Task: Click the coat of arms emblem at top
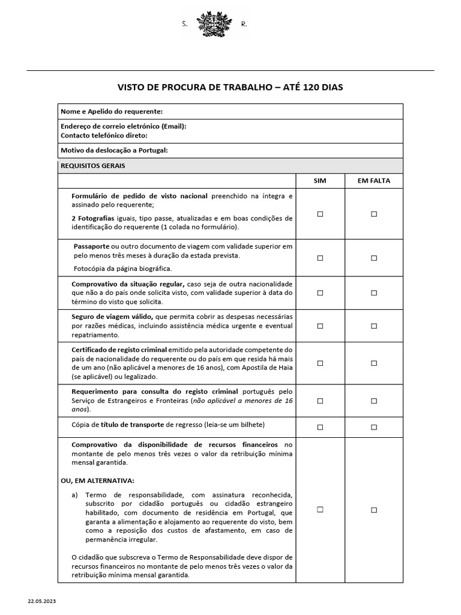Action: pyautogui.click(x=214, y=24)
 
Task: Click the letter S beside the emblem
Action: pyautogui.click(x=184, y=24)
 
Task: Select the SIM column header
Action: pyautogui.click(x=320, y=181)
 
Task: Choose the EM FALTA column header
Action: pyautogui.click(x=373, y=181)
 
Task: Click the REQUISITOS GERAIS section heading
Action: pyautogui.click(x=93, y=166)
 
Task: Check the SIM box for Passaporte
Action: pyautogui.click(x=320, y=258)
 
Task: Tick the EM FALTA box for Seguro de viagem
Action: pyautogui.click(x=373, y=326)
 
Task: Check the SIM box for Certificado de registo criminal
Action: pyautogui.click(x=320, y=363)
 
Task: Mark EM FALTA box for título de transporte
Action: pyautogui.click(x=373, y=427)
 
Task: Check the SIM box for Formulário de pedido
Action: pyautogui.click(x=320, y=213)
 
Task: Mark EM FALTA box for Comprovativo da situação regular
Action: pyautogui.click(x=373, y=292)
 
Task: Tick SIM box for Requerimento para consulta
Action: pyautogui.click(x=320, y=401)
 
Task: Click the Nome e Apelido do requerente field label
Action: pyautogui.click(x=112, y=111)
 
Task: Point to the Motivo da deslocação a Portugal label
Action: pyautogui.click(x=114, y=150)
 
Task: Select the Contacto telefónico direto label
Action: pyautogui.click(x=104, y=135)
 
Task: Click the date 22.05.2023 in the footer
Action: pyautogui.click(x=42, y=601)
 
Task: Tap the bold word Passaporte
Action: pyautogui.click(x=92, y=246)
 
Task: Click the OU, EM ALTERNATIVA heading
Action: pyautogui.click(x=97, y=480)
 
